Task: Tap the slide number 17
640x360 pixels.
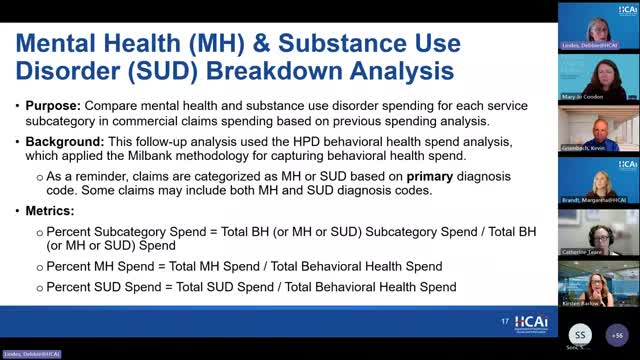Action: (x=505, y=321)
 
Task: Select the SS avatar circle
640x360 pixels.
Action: (x=582, y=333)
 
